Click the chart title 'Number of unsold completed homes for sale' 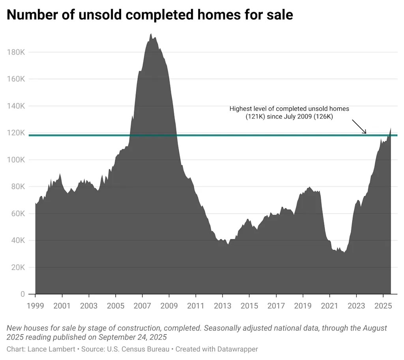point(150,15)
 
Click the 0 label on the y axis point(22,294)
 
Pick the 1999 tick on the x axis point(35,306)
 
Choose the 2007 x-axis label point(142,306)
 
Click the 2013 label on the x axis point(223,306)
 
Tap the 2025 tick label point(383,306)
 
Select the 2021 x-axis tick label point(329,306)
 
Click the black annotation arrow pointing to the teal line point(359,127)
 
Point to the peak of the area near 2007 point(151,34)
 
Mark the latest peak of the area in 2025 point(391,128)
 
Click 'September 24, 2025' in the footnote point(133,337)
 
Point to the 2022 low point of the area point(344,252)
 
